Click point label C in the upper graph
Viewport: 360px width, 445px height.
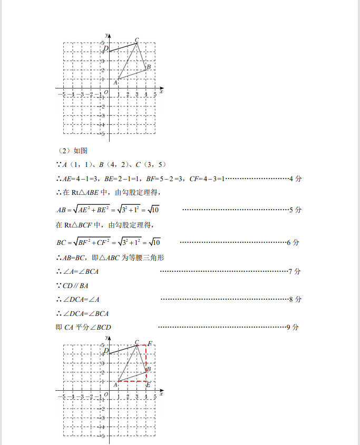point(137,39)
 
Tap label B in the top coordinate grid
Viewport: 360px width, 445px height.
point(149,67)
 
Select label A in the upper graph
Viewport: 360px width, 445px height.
point(115,83)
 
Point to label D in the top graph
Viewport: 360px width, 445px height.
point(106,49)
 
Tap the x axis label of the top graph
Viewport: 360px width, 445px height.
point(161,92)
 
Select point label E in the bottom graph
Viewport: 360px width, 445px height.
point(148,385)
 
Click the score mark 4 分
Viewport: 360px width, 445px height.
point(296,179)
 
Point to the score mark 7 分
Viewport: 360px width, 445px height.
point(295,272)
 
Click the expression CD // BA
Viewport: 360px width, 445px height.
point(75,285)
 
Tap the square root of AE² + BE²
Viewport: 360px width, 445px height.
point(91,210)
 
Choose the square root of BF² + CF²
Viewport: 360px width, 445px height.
point(92,242)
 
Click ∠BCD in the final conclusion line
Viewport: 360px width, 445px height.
point(101,328)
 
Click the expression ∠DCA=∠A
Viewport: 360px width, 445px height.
point(81,300)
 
